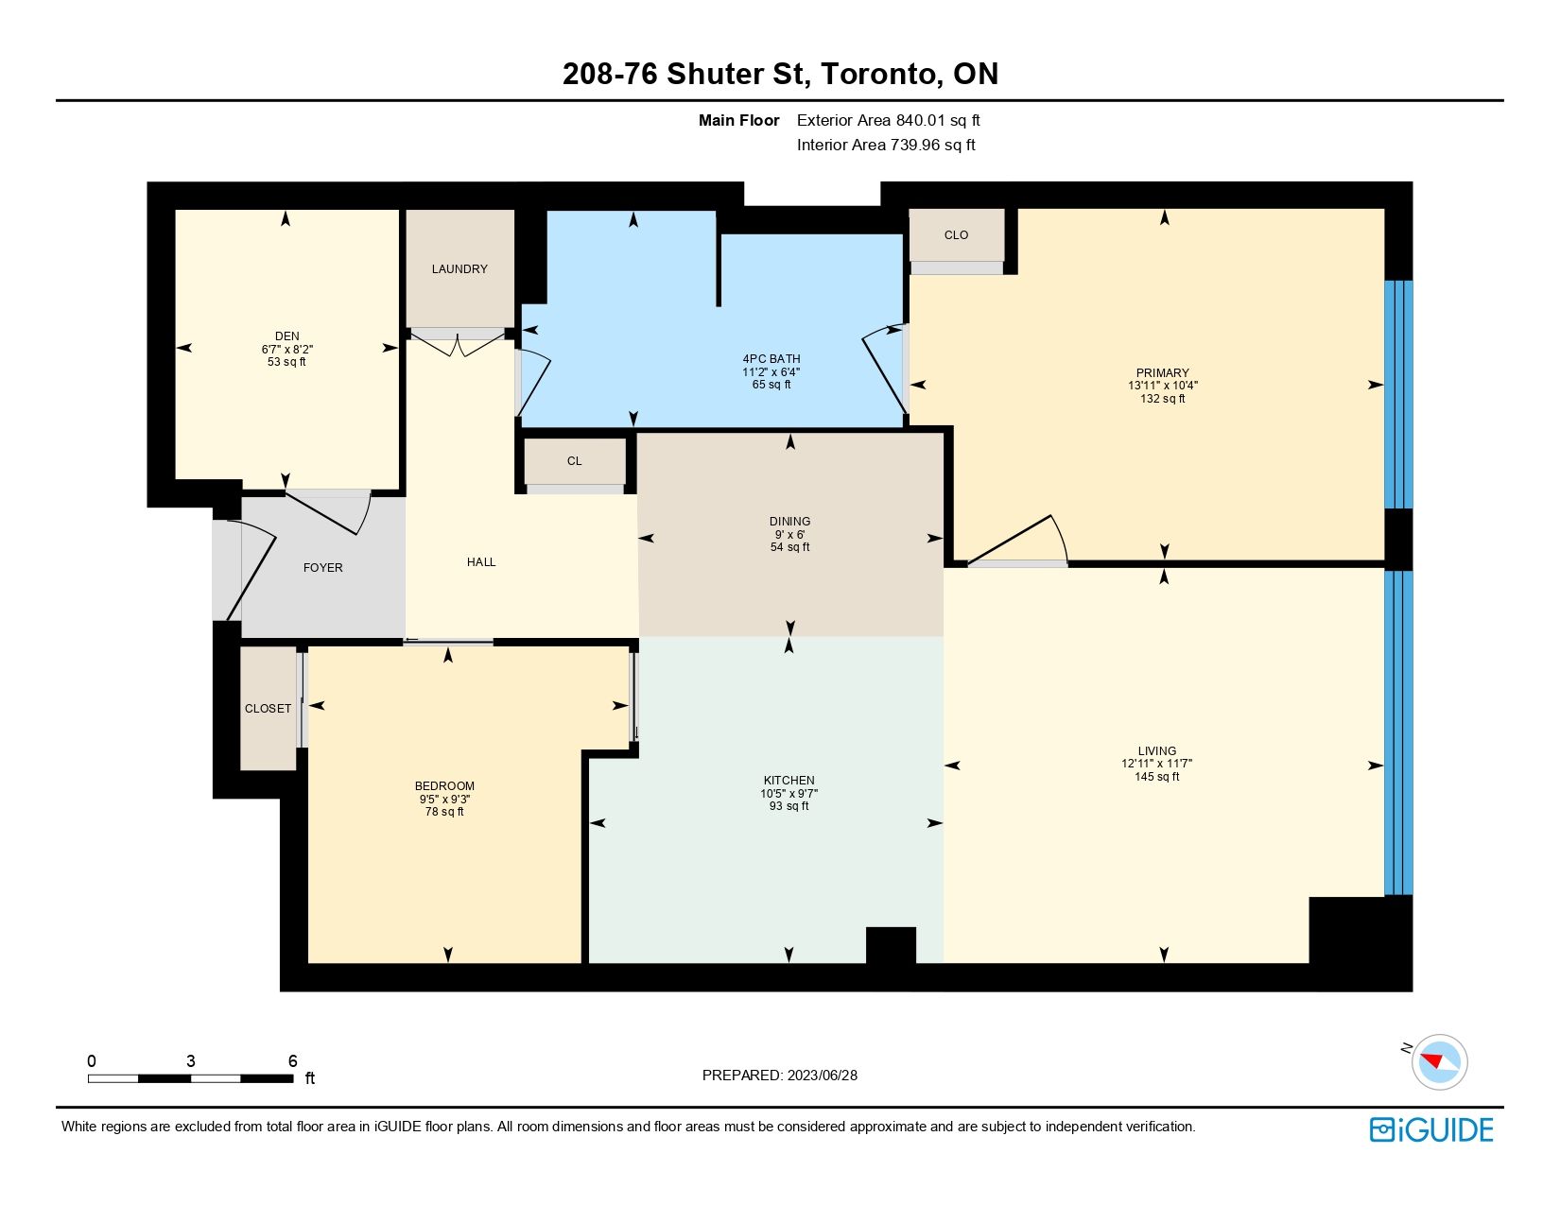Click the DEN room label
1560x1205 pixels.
click(x=287, y=336)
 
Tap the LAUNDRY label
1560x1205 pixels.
click(x=459, y=269)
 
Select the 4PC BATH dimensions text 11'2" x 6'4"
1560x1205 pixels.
click(x=771, y=371)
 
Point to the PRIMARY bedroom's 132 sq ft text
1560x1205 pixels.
click(x=1162, y=398)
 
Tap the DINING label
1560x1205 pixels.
click(x=789, y=521)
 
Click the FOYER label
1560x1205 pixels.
click(x=323, y=568)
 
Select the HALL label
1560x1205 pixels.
click(x=481, y=562)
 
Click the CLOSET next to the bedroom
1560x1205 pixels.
click(x=268, y=709)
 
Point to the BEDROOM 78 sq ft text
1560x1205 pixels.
click(x=444, y=812)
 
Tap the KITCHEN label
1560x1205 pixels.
click(x=789, y=780)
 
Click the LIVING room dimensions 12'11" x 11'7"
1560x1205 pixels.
click(x=1156, y=764)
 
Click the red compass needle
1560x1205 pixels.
click(x=1432, y=1060)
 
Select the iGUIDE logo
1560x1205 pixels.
click(x=1431, y=1129)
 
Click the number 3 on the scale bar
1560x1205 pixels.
click(x=191, y=1060)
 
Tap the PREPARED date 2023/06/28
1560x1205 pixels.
click(x=822, y=1076)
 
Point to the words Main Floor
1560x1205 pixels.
click(x=738, y=121)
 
